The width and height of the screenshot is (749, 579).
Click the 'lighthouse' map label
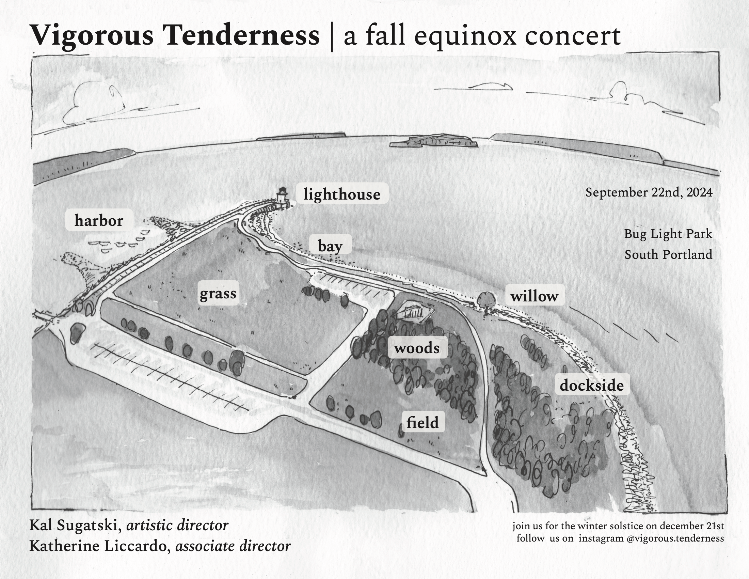(x=342, y=194)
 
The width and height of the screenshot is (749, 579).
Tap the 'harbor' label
(x=99, y=220)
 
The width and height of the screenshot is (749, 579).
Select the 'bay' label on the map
(x=330, y=246)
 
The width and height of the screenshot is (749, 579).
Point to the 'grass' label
(x=218, y=293)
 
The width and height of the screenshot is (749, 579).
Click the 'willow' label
(x=534, y=296)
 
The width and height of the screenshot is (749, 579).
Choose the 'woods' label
(x=417, y=348)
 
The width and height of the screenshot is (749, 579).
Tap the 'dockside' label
(x=592, y=385)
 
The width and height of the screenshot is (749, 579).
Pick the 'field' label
(x=423, y=422)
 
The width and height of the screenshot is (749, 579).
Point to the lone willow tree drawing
(x=486, y=300)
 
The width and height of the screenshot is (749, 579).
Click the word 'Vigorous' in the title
(x=92, y=36)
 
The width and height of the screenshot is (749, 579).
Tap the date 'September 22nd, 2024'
(x=649, y=192)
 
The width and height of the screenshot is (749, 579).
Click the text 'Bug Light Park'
(x=668, y=234)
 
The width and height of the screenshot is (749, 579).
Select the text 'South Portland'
(x=668, y=254)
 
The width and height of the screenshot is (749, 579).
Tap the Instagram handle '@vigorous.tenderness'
(x=675, y=538)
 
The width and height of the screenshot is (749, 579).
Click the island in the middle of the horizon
(x=433, y=141)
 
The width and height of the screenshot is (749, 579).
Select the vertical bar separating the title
(x=331, y=36)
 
